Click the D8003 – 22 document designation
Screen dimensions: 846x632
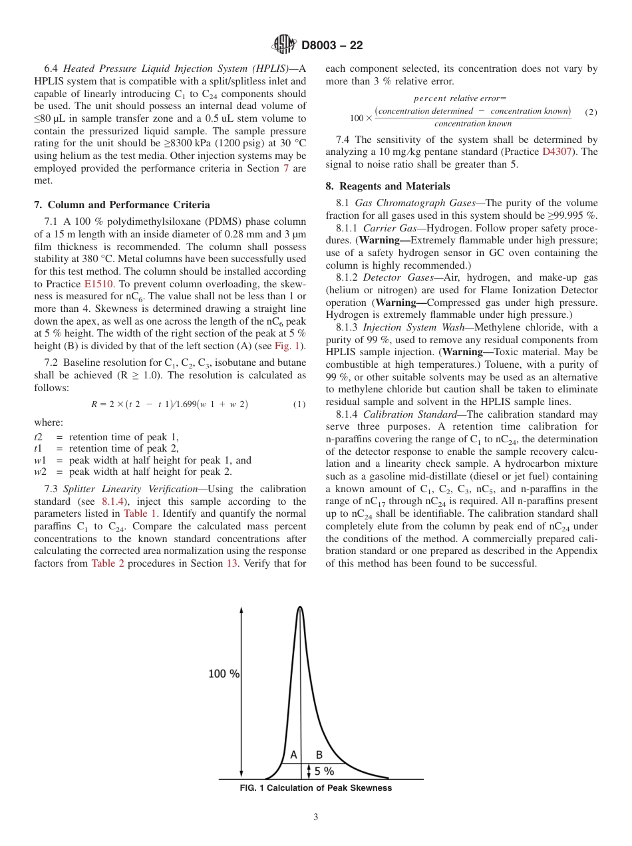tap(332, 46)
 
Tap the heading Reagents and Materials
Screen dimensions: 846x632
tap(388, 186)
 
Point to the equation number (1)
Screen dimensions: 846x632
tap(299, 404)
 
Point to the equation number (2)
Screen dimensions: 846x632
tap(591, 112)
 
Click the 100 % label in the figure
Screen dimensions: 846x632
tap(224, 674)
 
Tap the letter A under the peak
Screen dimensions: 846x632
tap(293, 755)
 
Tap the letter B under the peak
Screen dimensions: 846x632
tap(319, 755)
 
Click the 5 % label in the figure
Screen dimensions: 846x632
tap(325, 772)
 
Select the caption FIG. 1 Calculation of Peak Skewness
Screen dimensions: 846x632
tap(315, 788)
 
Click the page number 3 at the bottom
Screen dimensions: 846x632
tap(315, 817)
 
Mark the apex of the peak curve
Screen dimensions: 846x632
tap(300, 607)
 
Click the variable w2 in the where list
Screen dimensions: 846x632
tap(39, 472)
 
